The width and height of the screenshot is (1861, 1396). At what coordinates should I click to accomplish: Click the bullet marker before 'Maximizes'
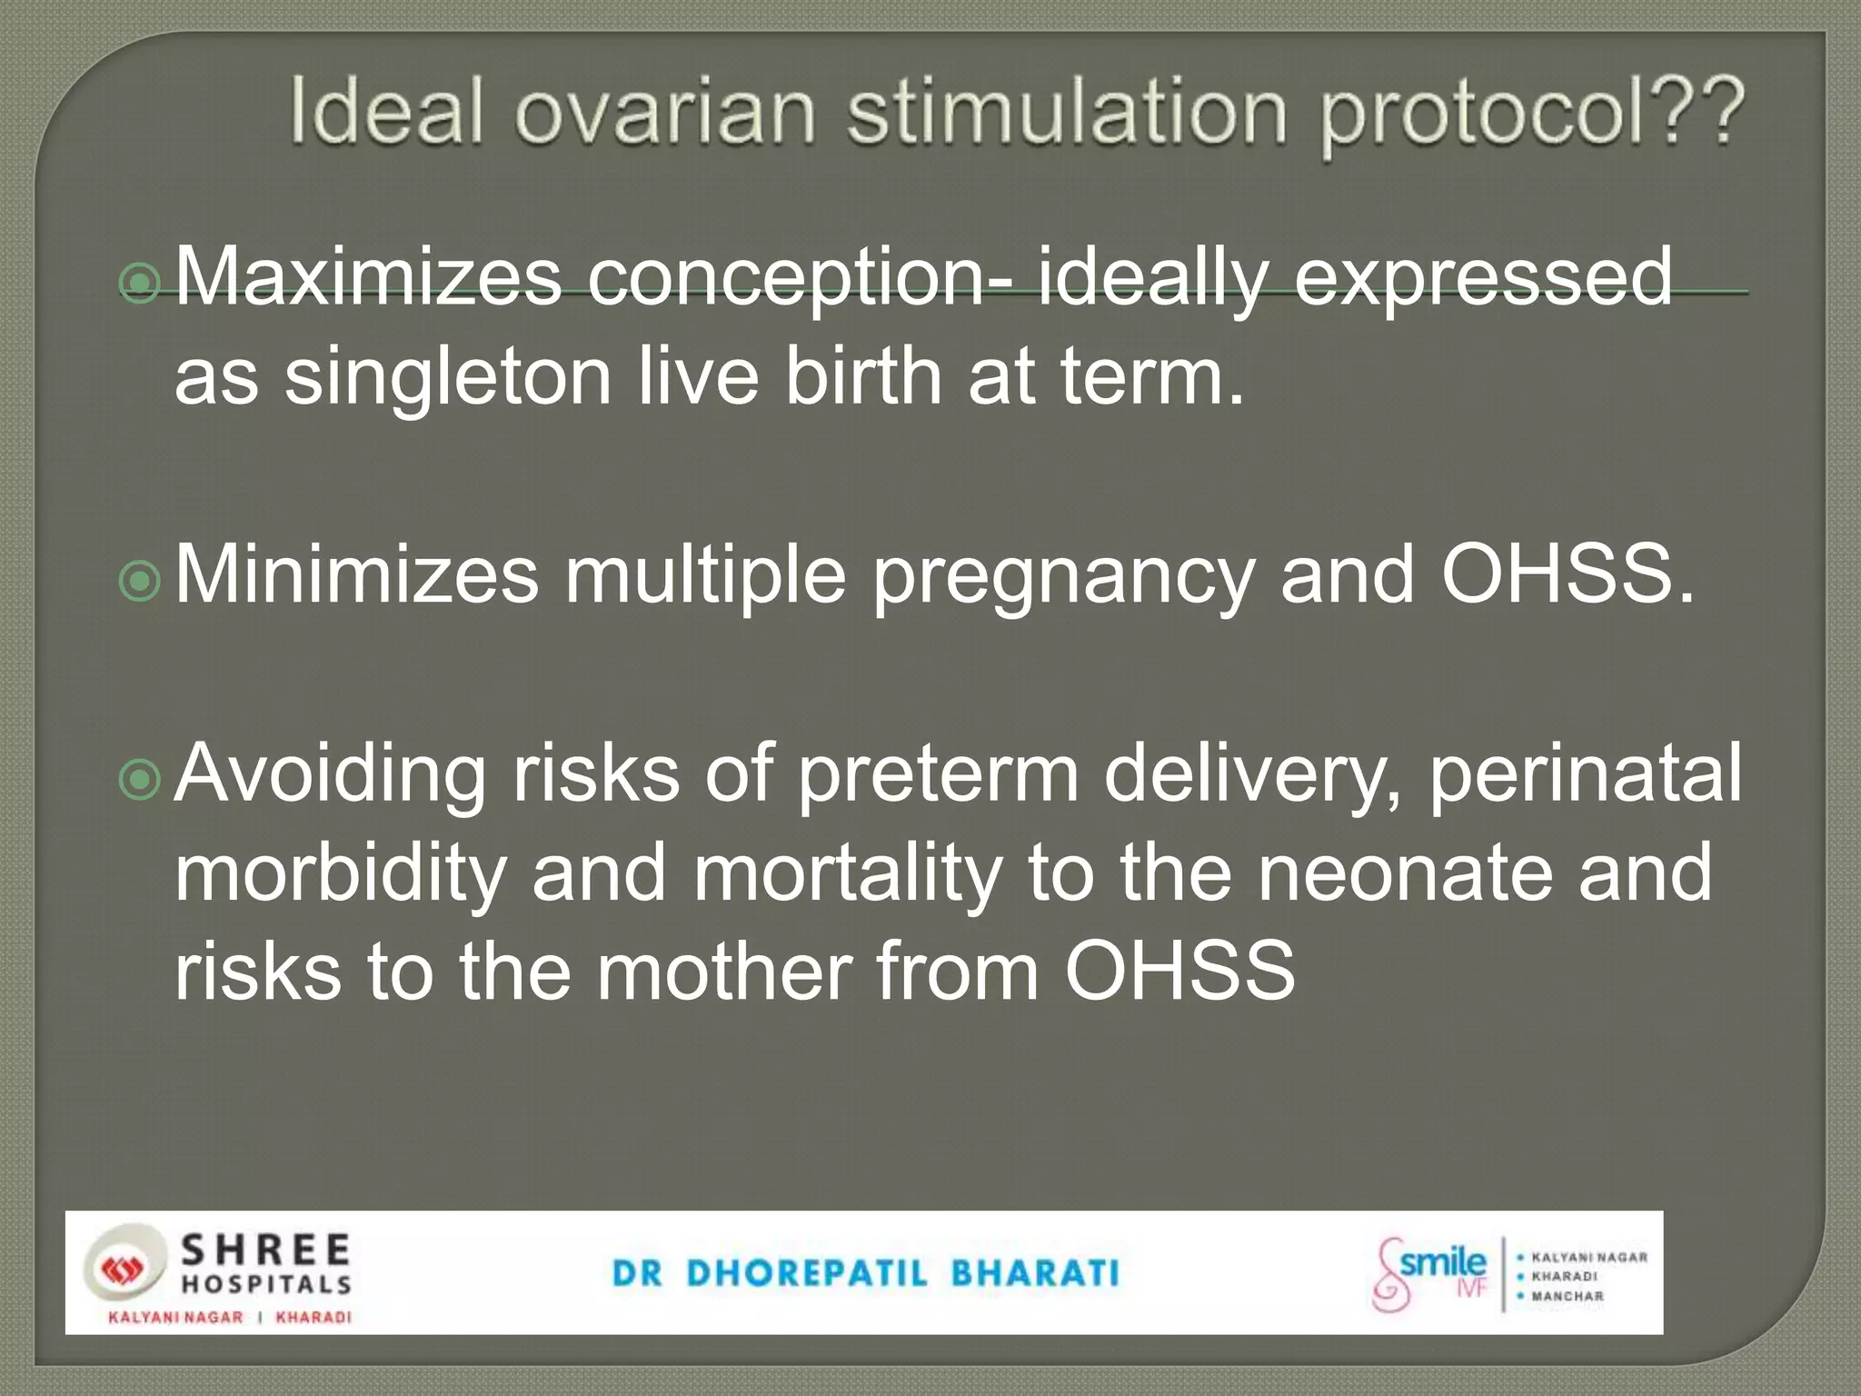point(140,284)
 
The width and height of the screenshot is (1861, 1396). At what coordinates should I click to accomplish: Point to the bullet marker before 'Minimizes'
point(140,582)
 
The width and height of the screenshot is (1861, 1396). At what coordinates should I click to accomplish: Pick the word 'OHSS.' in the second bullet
point(1568,574)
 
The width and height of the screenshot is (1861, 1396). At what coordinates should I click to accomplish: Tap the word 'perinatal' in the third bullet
point(1586,775)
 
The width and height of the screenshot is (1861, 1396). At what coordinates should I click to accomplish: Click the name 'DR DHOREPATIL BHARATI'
point(865,1273)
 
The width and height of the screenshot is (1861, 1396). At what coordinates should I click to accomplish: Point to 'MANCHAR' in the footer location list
point(1567,1296)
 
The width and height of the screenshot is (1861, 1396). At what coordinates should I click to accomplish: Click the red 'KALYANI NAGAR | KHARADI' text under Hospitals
point(229,1317)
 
